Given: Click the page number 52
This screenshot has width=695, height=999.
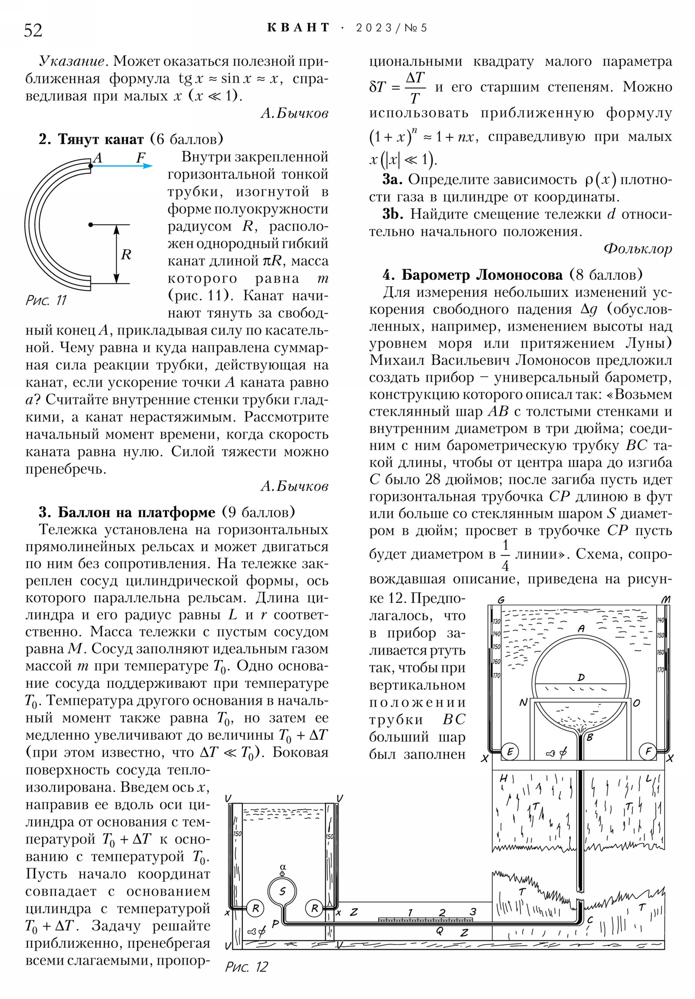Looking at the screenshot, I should [x=33, y=30].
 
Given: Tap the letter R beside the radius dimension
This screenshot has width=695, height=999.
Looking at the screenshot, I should [x=126, y=255].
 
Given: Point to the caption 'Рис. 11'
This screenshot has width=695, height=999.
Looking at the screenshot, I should [x=46, y=300].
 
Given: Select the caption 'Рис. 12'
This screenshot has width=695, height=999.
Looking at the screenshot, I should [x=246, y=967].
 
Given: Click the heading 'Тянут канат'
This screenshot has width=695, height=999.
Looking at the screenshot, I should [x=100, y=139].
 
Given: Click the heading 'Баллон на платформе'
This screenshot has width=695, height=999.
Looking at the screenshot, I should [x=137, y=512].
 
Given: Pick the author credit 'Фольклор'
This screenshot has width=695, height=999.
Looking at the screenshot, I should [x=638, y=248].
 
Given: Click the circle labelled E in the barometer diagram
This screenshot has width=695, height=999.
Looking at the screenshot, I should [x=510, y=751].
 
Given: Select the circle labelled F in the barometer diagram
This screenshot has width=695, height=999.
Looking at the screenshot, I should [x=648, y=751].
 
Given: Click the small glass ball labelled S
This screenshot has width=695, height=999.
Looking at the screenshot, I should [x=282, y=892].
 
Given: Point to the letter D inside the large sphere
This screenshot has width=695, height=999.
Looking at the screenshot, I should [x=581, y=678].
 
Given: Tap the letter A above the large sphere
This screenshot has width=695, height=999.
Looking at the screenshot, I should [x=581, y=629].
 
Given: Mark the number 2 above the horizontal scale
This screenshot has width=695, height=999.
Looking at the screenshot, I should [x=442, y=912].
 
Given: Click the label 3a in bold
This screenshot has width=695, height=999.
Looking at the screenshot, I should [x=392, y=180].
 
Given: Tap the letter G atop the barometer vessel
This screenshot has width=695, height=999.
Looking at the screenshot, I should [x=500, y=600].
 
